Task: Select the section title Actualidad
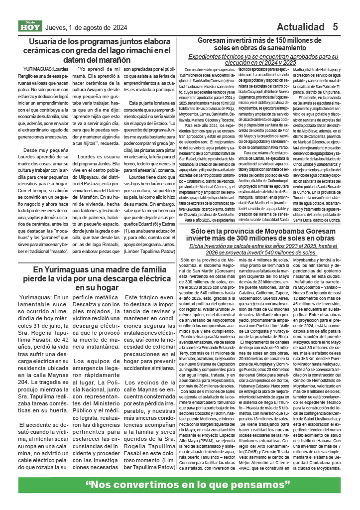click(x=301, y=26)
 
